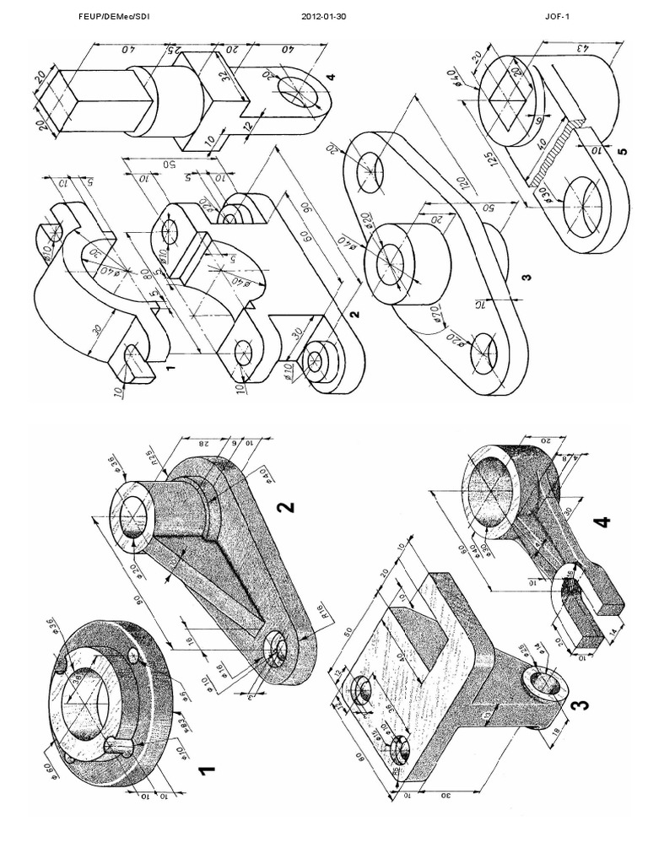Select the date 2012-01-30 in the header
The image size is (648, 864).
[323, 15]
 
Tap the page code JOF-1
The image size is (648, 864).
[558, 15]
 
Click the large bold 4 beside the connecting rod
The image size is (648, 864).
[601, 523]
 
